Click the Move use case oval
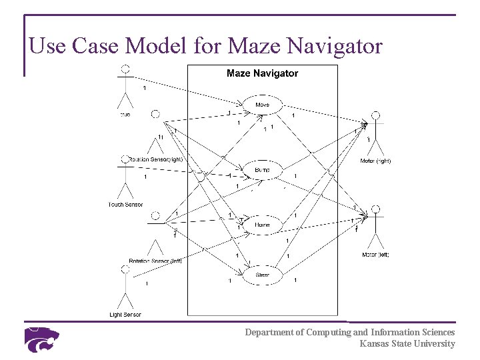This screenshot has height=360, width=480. [x=263, y=105]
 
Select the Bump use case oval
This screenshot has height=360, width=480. [x=263, y=170]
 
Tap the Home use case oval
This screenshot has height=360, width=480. [x=263, y=225]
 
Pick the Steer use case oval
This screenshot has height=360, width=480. [x=263, y=274]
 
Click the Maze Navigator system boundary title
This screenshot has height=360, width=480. [x=262, y=73]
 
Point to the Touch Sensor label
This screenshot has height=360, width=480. [x=125, y=204]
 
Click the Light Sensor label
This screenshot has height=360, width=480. [x=125, y=314]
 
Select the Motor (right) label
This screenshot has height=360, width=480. [x=375, y=161]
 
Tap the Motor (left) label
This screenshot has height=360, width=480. [x=375, y=254]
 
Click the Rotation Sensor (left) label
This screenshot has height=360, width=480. [x=155, y=261]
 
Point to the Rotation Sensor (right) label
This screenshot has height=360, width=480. [x=156, y=159]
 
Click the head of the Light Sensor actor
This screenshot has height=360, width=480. [x=125, y=269]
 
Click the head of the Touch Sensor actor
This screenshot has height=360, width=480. [x=125, y=159]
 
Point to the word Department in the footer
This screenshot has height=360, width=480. [x=273, y=332]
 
